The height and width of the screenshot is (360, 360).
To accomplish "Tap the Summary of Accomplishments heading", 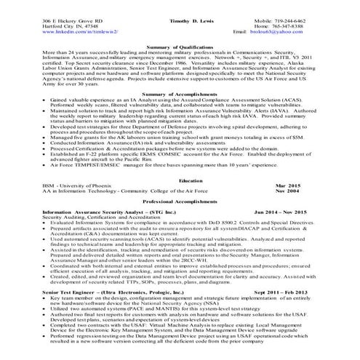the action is click(180, 115).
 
